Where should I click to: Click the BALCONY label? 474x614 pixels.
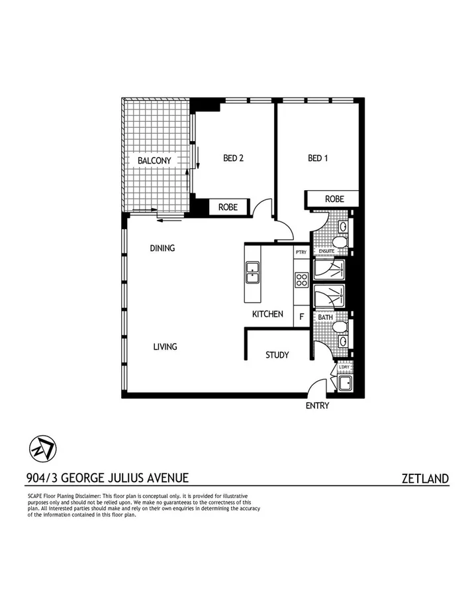[154, 160]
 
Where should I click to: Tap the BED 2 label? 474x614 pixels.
[234, 158]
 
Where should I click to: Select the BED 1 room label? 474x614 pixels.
[318, 158]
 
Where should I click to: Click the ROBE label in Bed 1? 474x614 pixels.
[334, 199]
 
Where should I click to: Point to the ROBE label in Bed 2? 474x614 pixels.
[228, 207]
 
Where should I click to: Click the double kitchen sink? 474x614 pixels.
[252, 272]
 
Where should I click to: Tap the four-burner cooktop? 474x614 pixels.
[301, 280]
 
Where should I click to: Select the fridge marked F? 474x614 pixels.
[301, 317]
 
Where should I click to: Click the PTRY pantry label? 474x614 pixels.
[301, 252]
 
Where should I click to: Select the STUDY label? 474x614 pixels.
[277, 355]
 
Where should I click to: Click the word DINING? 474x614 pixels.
[162, 248]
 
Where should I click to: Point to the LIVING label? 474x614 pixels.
[165, 346]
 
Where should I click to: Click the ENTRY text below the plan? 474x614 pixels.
[317, 406]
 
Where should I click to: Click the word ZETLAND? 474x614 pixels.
[425, 478]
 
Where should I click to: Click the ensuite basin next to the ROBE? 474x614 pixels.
[343, 227]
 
